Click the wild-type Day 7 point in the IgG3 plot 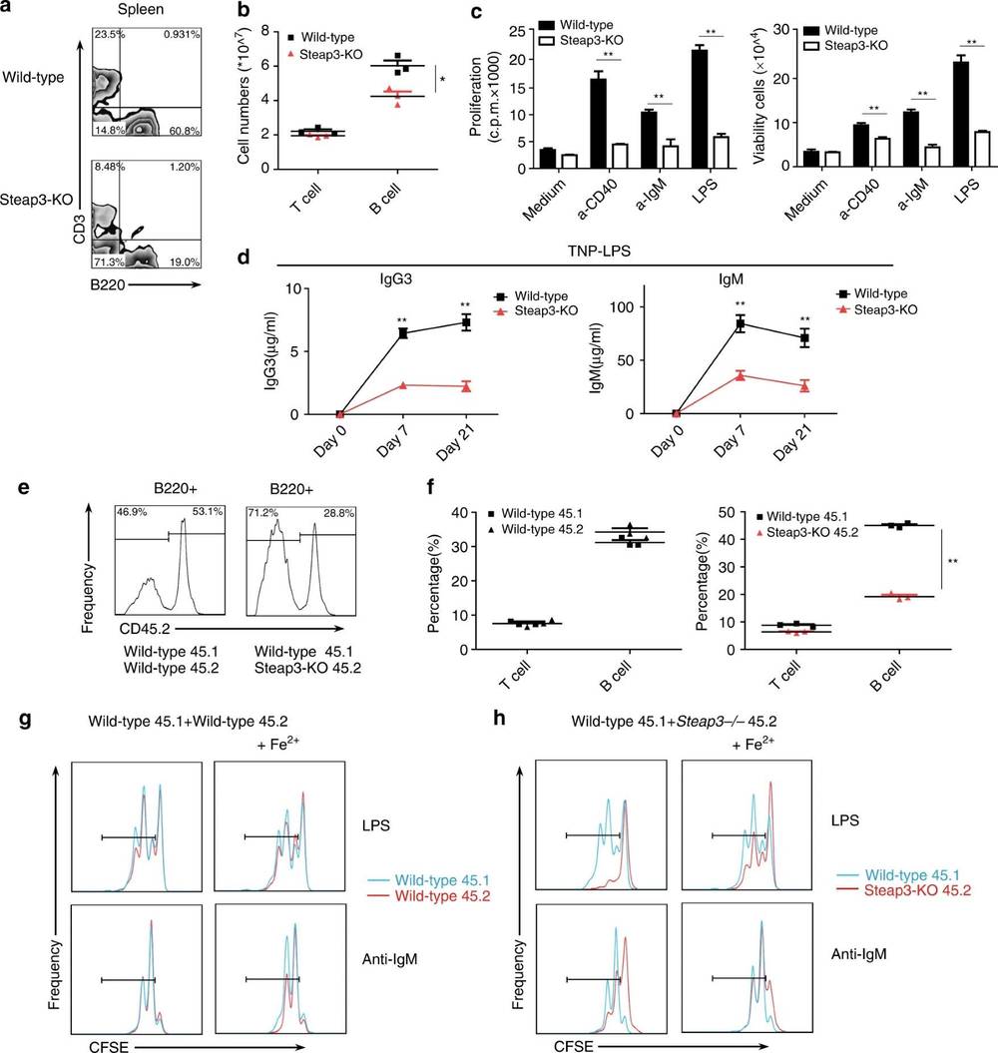(402, 332)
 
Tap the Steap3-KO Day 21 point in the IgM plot (803, 385)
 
